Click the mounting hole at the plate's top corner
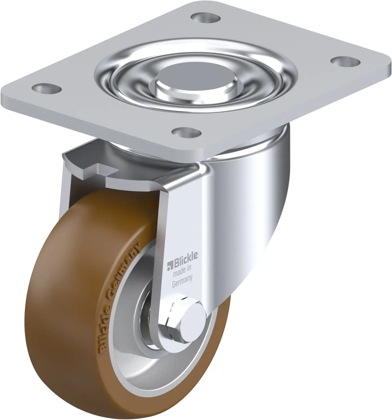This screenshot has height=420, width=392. point(205,18)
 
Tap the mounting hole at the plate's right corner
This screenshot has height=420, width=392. point(345,62)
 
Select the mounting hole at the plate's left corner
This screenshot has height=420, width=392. point(47,88)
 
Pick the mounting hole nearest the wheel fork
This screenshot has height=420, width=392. point(186,132)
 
